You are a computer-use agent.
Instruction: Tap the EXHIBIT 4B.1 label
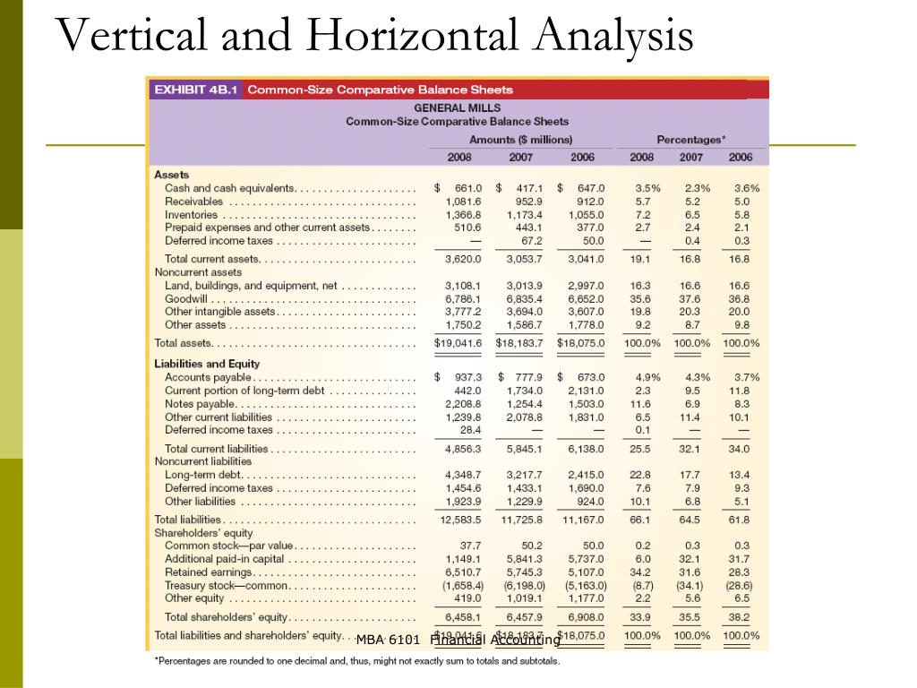click(x=193, y=90)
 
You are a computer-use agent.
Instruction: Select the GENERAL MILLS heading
click(x=457, y=107)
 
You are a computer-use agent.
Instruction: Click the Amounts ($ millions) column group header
click(x=520, y=140)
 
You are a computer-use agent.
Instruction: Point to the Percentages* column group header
click(x=690, y=140)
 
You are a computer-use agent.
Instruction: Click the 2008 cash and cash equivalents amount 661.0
click(x=466, y=188)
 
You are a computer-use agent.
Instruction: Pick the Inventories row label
click(x=191, y=215)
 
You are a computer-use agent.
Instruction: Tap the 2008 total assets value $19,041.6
click(x=458, y=343)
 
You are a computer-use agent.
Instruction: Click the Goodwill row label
click(x=185, y=299)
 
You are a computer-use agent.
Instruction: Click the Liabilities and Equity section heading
click(x=207, y=364)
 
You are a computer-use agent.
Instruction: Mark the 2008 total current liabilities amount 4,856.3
click(x=463, y=449)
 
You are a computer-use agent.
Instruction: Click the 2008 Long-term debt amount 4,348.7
click(x=463, y=475)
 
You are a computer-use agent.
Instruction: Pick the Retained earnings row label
click(x=209, y=572)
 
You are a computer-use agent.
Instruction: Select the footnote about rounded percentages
click(x=357, y=661)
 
